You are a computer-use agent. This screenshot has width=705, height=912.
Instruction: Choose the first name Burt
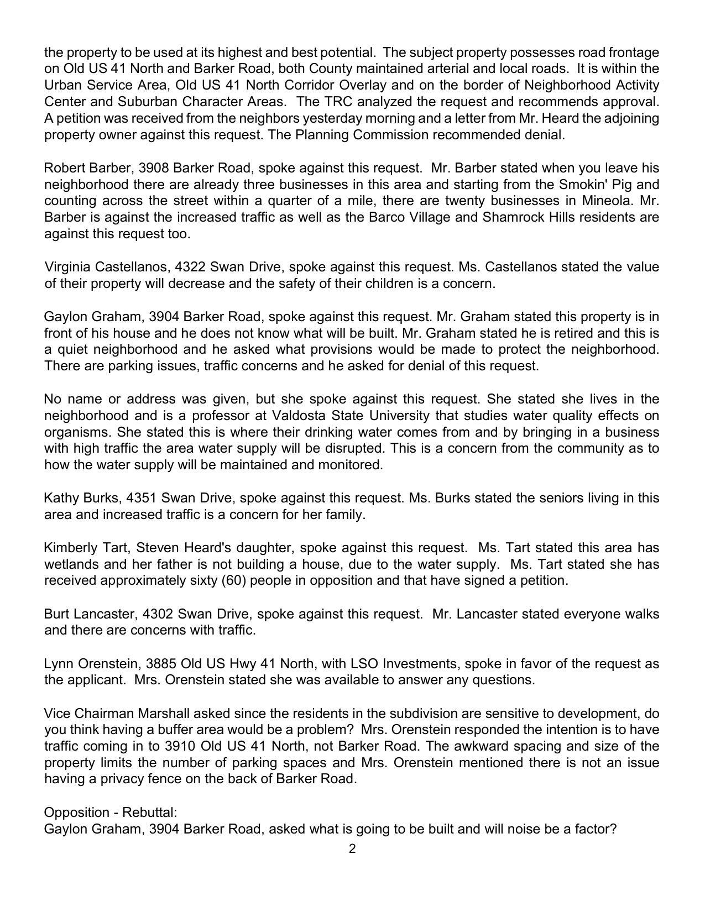pos(56,614)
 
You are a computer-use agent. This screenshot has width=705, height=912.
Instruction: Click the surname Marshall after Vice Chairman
pos(163,714)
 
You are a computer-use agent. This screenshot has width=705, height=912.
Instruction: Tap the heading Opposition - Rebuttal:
pos(110,813)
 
